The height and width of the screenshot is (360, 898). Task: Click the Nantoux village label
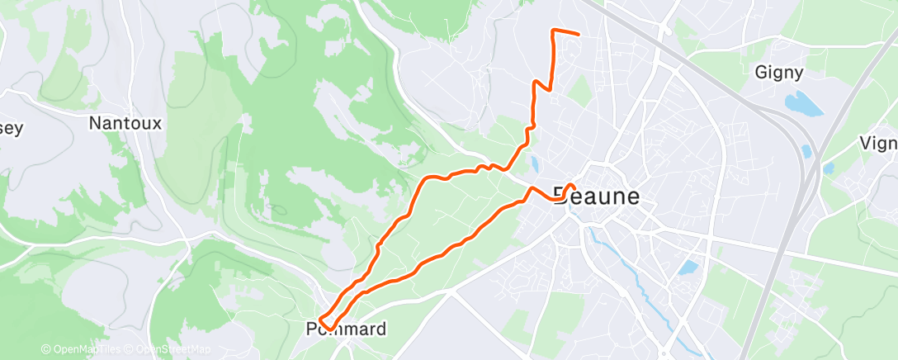point(125,123)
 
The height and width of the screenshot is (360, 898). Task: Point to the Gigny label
point(779,73)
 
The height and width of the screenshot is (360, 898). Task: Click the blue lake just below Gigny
point(804,105)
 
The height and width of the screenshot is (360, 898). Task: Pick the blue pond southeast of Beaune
point(687,268)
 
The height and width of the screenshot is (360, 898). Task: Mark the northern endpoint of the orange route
point(579,35)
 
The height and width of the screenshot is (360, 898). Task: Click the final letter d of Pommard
point(380,329)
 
